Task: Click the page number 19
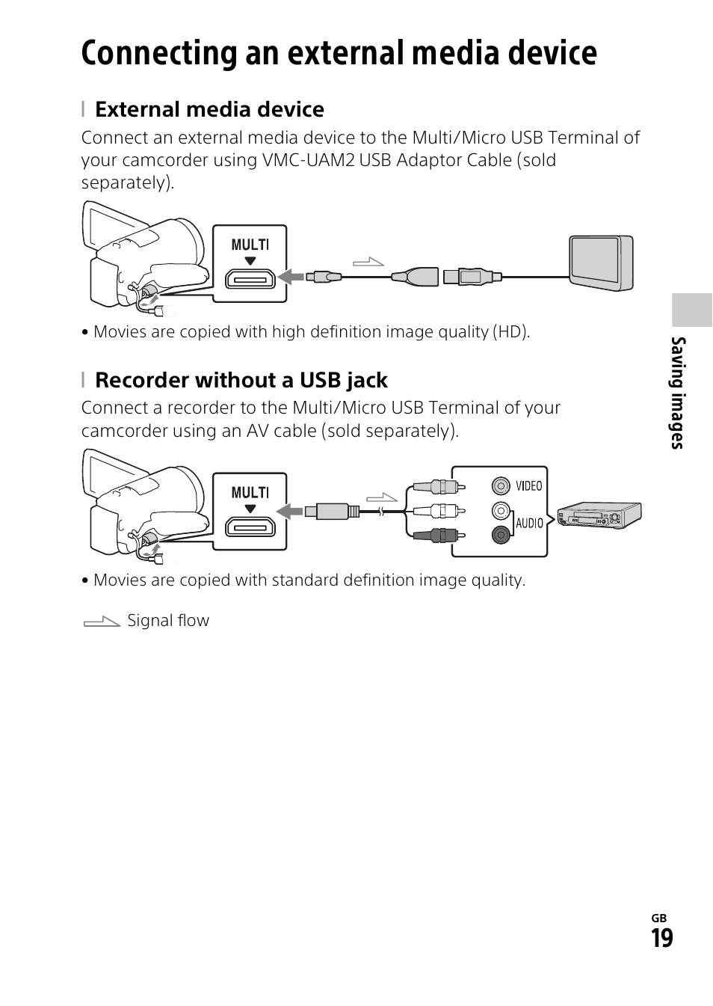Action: pos(661,938)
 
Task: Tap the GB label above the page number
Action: pos(658,918)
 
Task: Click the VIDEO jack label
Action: pos(528,486)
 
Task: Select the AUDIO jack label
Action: pos(529,523)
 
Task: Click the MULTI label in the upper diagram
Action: pos(250,245)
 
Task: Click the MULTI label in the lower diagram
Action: pos(250,492)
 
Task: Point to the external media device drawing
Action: pos(600,263)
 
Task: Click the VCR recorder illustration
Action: pos(599,515)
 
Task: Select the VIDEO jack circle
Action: pos(501,486)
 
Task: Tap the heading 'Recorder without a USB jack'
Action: pos(241,380)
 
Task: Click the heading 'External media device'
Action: pos(209,109)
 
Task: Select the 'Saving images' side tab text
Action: pos(678,393)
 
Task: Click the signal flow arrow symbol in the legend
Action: pos(102,621)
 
